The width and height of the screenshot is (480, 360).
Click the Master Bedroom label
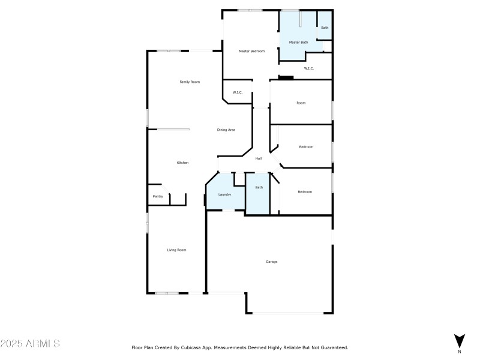click(x=252, y=51)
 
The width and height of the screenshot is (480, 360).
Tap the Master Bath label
click(x=298, y=42)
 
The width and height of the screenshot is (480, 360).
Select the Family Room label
click(x=190, y=82)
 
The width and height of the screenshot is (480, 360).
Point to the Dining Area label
click(x=226, y=130)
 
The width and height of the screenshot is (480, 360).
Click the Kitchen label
click(x=182, y=163)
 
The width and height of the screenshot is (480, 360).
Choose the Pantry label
click(x=158, y=196)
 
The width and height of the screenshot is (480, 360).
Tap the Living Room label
click(x=176, y=250)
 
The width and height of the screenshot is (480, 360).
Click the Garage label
click(x=272, y=262)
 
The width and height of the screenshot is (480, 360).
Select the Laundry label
click(x=225, y=194)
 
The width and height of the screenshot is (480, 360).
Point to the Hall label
click(x=259, y=158)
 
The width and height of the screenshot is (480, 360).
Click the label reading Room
click(x=301, y=103)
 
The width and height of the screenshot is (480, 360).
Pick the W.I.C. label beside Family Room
click(x=238, y=92)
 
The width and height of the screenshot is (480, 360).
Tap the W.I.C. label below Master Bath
click(x=309, y=68)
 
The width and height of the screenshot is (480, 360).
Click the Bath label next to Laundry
click(x=259, y=188)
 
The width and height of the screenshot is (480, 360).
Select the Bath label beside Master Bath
click(x=325, y=28)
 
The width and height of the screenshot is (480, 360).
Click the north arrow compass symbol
click(x=460, y=340)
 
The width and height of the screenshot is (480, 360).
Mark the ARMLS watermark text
click(x=30, y=344)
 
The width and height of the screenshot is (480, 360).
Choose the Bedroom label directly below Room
click(x=306, y=146)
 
